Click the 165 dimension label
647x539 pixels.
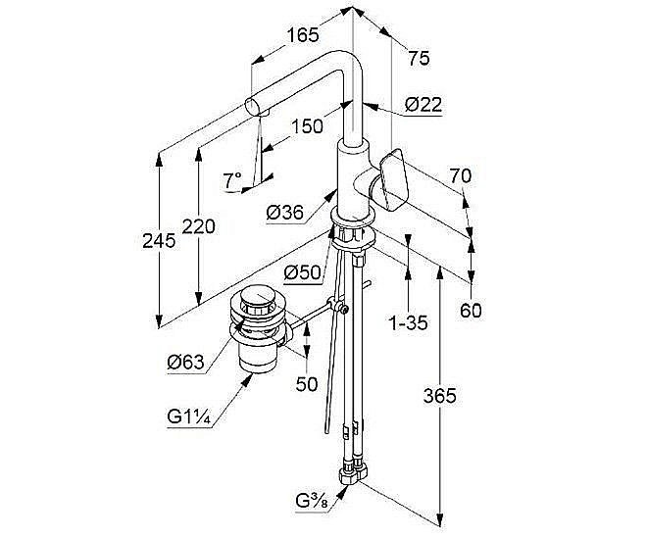coord(303,35)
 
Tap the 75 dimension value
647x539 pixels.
coord(419,59)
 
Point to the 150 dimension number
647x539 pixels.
coord(306,127)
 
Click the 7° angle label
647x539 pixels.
coord(232,180)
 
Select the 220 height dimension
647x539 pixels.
coord(199,226)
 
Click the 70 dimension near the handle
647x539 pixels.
coord(461,177)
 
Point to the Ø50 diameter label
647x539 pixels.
coord(302,272)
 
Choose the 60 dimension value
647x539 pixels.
coord(473,311)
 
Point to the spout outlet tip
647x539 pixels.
coord(255,107)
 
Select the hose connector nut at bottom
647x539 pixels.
coord(351,477)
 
